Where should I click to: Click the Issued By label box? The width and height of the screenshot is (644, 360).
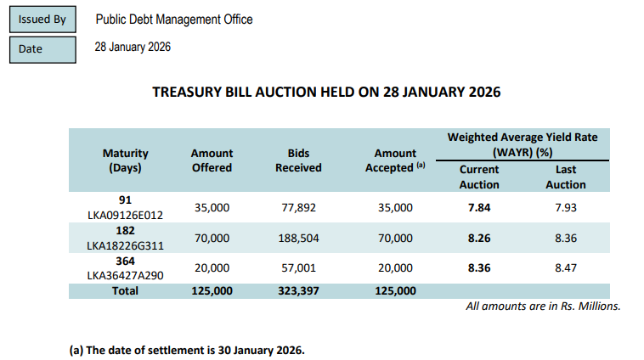42,20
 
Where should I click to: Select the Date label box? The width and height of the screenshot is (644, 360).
42,48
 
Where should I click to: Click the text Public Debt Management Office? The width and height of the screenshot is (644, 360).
173,20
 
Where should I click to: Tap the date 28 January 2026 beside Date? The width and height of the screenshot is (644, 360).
133,48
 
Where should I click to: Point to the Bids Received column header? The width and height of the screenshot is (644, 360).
298,160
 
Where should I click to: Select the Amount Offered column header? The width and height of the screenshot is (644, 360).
212,160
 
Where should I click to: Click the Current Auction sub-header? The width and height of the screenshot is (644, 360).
479,177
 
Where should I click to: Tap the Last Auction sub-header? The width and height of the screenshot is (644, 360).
566,177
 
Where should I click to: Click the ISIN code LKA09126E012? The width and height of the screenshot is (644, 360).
126,214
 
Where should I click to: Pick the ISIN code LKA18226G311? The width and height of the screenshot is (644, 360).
126,245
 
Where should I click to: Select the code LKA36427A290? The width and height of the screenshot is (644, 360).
126,276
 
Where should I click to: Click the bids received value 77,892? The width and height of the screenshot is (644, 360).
298,207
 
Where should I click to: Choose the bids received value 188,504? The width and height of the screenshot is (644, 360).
298,239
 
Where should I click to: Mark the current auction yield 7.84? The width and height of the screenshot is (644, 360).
479,207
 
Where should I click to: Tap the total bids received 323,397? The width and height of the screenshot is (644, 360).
298,290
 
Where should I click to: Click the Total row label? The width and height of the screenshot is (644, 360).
126,290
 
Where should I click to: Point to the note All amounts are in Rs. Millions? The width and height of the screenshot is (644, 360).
543,306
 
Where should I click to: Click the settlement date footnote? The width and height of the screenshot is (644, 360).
186,349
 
